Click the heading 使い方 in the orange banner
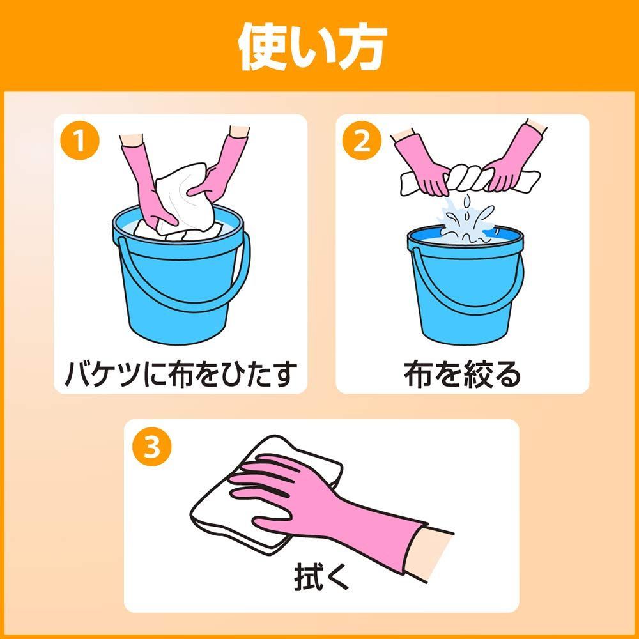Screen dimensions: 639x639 312,47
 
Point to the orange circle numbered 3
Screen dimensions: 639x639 152,446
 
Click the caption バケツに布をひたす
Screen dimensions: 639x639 181,374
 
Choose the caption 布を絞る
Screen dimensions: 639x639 462,374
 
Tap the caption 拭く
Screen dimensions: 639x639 321,576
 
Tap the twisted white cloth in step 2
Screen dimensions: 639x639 468,180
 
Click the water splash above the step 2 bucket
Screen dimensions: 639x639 466,220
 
